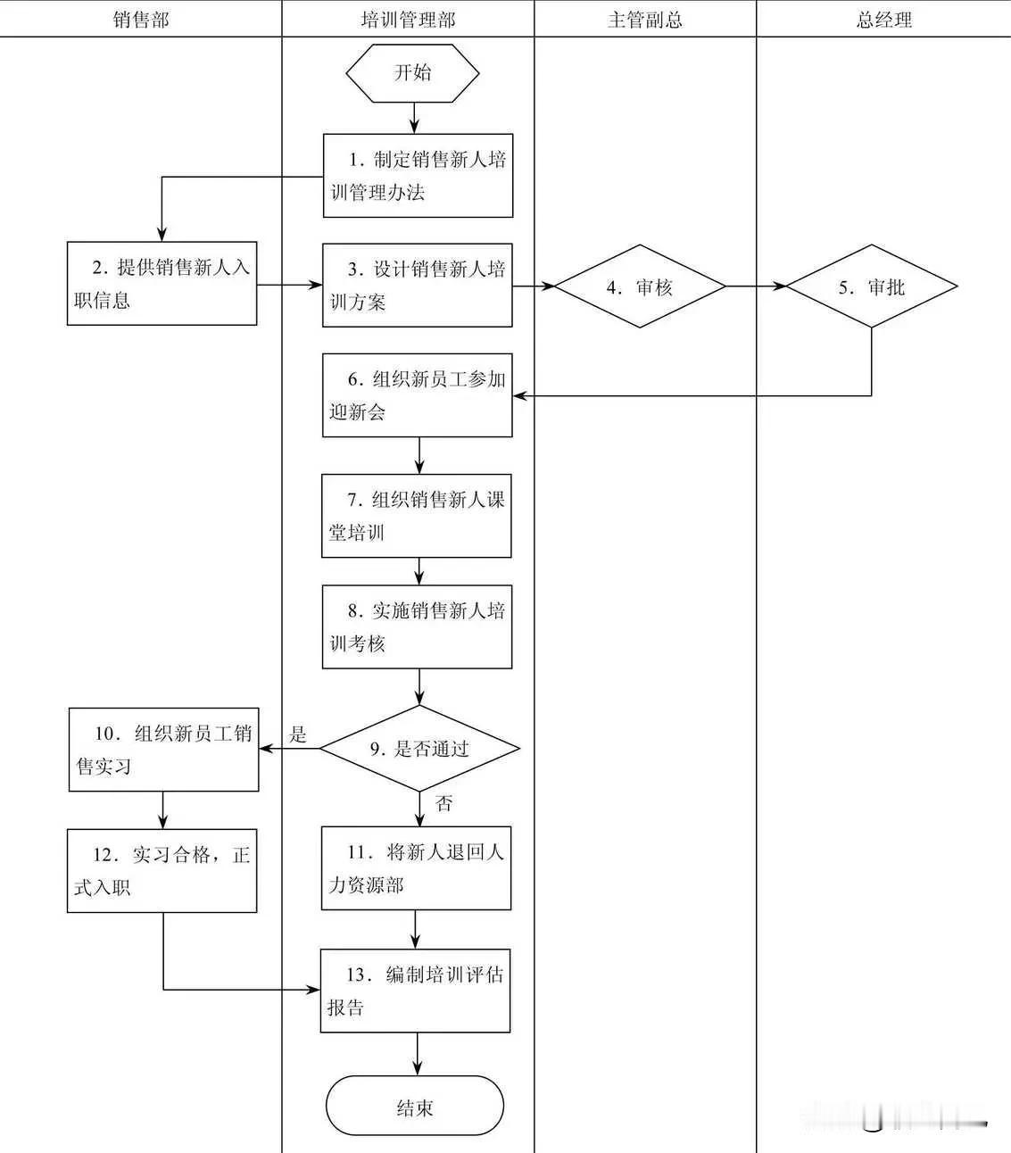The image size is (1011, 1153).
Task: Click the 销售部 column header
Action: [141, 20]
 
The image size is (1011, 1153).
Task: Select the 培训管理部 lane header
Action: [408, 20]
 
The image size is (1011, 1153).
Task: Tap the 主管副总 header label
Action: [644, 20]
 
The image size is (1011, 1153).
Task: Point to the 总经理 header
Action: [883, 20]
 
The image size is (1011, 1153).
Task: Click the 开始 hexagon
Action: [412, 73]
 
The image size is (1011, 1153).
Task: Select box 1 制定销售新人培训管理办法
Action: [418, 176]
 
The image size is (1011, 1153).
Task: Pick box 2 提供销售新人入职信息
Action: [162, 283]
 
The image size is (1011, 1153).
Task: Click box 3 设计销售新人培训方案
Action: [417, 285]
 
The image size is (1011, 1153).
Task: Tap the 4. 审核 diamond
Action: [640, 286]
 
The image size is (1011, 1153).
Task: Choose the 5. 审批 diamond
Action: [871, 286]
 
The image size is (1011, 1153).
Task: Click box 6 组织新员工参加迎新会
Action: [417, 395]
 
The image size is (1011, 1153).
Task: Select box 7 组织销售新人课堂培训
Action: [416, 516]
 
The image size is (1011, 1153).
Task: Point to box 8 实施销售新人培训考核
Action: [417, 626]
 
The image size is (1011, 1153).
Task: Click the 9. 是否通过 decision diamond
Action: [419, 749]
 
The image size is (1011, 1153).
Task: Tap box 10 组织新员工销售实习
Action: [163, 750]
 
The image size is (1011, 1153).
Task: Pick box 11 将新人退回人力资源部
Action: [416, 868]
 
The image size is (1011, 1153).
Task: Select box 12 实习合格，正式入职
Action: [162, 870]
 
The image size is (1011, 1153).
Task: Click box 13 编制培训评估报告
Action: [415, 991]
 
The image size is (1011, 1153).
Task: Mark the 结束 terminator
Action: [415, 1107]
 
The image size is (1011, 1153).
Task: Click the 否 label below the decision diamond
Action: [443, 803]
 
